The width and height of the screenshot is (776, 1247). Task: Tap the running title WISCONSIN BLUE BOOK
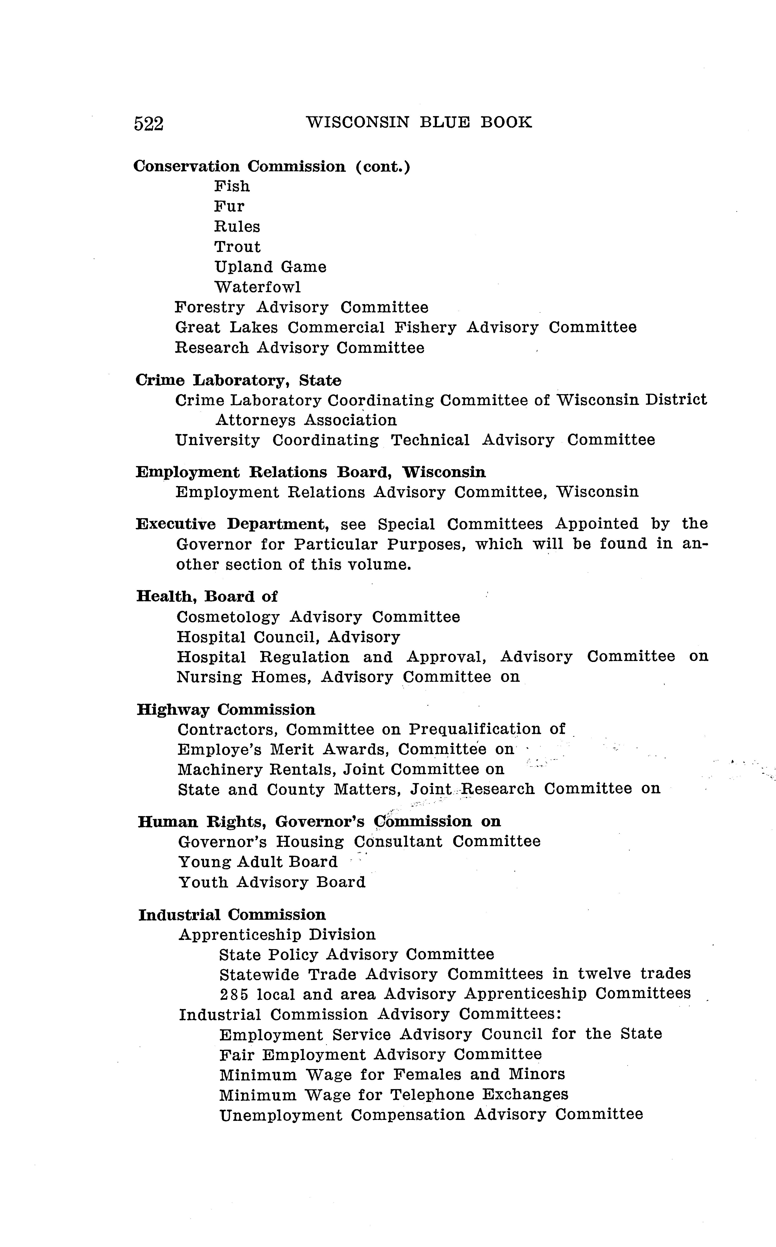tap(419, 123)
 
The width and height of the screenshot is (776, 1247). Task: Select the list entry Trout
tap(237, 247)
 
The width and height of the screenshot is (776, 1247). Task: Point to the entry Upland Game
tap(270, 267)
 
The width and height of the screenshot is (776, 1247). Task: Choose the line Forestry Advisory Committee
tap(301, 307)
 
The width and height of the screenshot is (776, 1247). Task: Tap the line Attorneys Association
tap(306, 420)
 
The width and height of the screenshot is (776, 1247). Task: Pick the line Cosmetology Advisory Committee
tap(318, 617)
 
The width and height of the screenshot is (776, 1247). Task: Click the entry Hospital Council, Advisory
tap(288, 637)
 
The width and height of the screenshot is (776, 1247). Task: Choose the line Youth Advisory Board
tap(271, 882)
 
